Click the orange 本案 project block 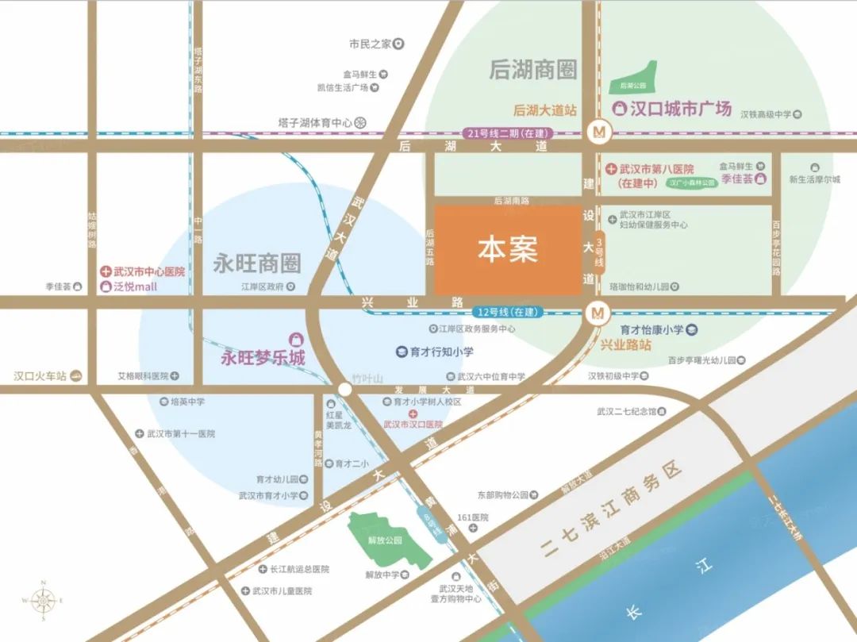pos(507,250)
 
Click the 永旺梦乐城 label pos(263,359)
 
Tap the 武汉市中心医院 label pos(148,271)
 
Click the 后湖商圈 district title pos(532,70)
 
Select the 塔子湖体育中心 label pos(315,122)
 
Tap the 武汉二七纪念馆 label pos(627,411)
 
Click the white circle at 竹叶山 pos(344,389)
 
